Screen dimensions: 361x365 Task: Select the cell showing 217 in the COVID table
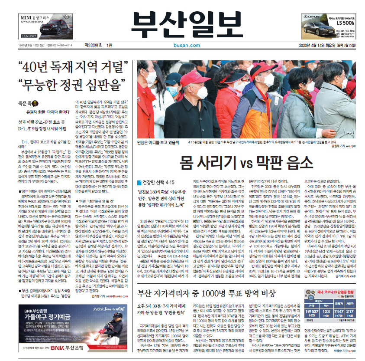click(350, 312)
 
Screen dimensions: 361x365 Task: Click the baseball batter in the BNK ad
click(117, 325)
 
